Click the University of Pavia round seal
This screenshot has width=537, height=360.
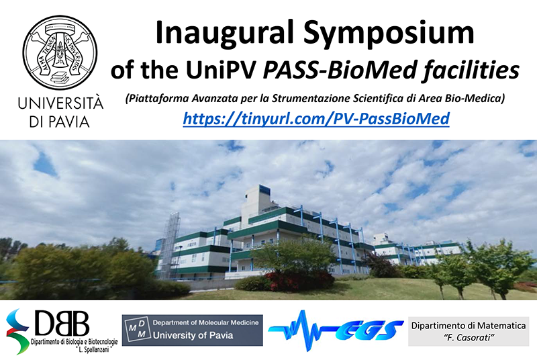(60, 52)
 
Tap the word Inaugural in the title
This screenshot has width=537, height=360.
(224, 33)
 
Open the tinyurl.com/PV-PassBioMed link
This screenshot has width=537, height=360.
(316, 119)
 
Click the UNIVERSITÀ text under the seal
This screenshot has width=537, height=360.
(60, 103)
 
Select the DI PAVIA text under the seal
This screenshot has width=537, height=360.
(60, 122)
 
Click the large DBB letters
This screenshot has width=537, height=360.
(62, 323)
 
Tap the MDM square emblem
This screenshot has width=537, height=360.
(137, 330)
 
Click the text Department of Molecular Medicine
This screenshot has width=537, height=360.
(205, 322)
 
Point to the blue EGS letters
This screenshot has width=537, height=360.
(369, 330)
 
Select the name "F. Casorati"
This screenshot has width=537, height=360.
(469, 338)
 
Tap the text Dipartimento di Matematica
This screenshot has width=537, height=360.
(468, 325)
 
